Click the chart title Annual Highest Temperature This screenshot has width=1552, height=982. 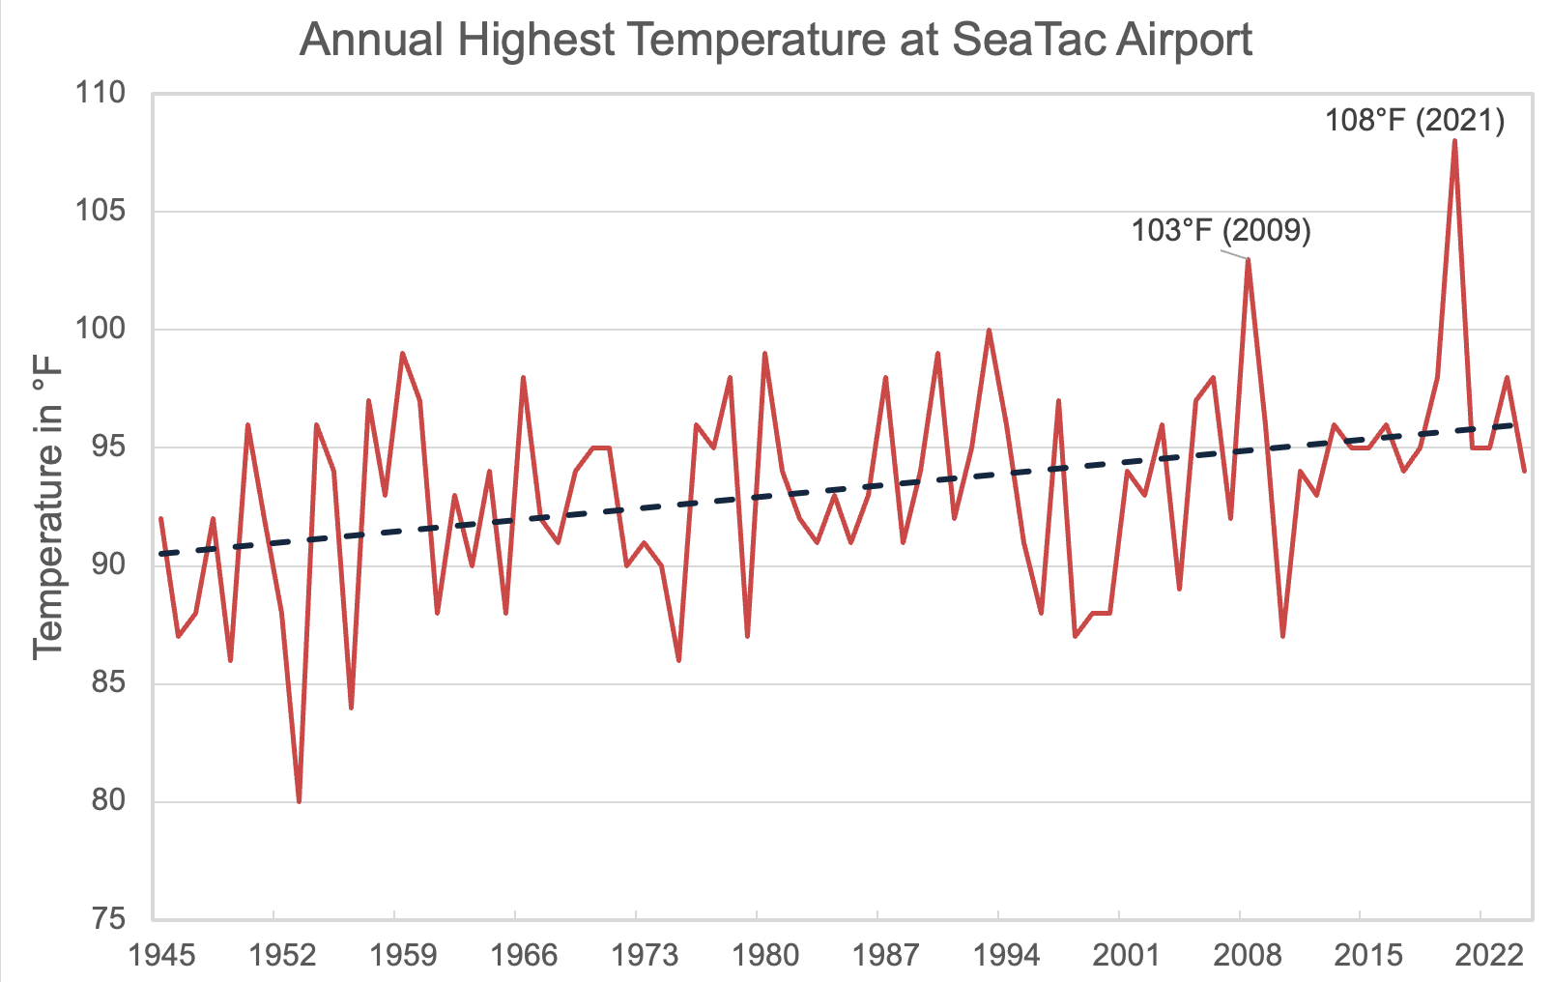coord(775,41)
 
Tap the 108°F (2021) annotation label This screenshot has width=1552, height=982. coord(1415,121)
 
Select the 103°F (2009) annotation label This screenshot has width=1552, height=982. coord(1221,231)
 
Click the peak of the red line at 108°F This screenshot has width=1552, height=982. coord(1454,141)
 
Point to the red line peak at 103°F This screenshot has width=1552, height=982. coord(1249,259)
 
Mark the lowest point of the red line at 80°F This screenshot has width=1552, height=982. coord(300,801)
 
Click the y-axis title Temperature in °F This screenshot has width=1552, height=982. coord(47,506)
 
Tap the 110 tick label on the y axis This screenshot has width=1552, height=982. coord(101,93)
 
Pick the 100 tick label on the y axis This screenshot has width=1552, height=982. coord(101,329)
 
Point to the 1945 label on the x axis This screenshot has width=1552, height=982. coord(162,956)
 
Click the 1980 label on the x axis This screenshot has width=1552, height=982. coord(765,956)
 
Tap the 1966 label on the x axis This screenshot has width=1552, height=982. coord(524,956)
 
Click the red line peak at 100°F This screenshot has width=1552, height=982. coord(989,331)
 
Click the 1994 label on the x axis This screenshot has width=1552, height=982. coord(1007,956)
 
